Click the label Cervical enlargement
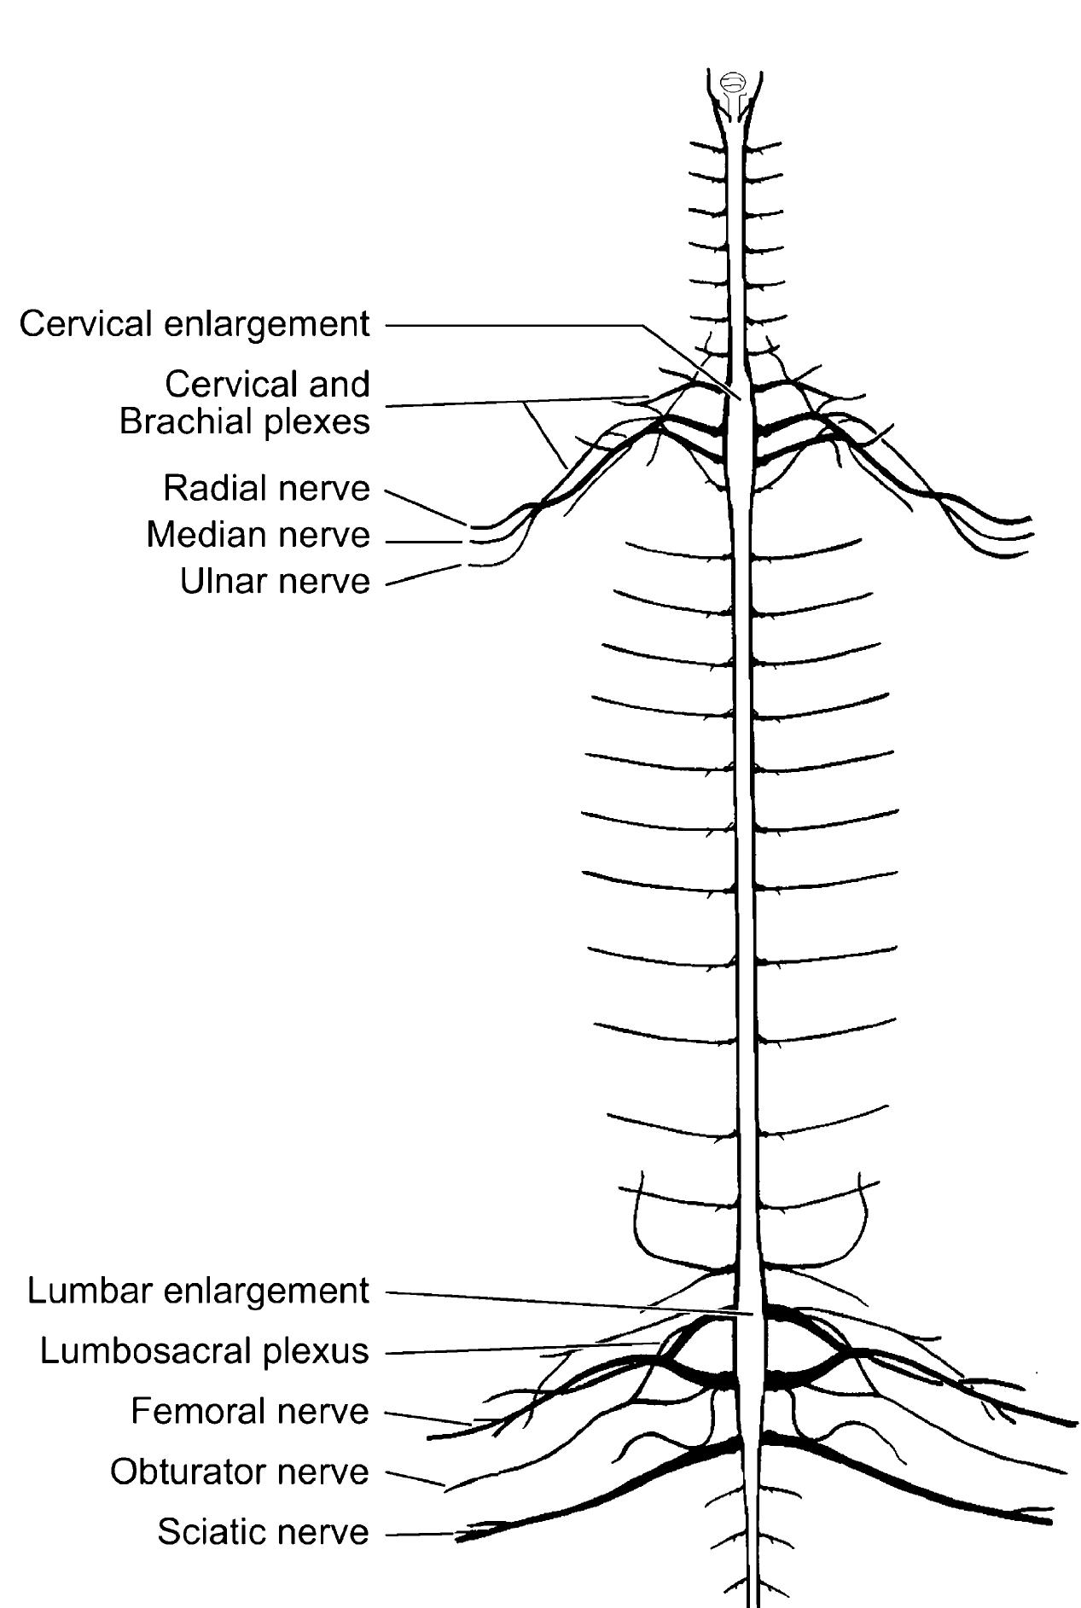point(195,324)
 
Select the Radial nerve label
point(266,489)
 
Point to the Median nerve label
point(258,535)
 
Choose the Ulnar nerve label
point(275,581)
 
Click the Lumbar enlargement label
point(198,1291)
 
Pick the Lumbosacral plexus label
point(204,1350)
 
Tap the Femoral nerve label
point(249,1411)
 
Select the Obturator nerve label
point(239,1472)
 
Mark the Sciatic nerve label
point(263,1532)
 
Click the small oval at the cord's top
point(733,83)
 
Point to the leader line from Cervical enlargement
point(512,325)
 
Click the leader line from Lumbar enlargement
point(555,1302)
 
